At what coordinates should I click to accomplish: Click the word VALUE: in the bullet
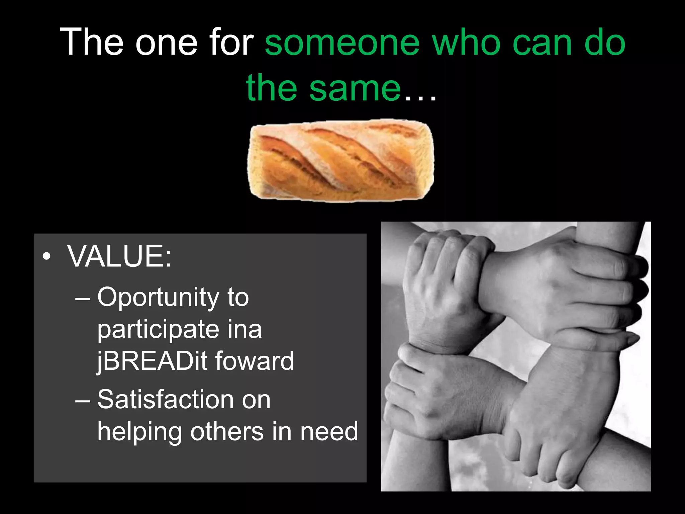(x=119, y=256)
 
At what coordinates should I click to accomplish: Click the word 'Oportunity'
(x=158, y=297)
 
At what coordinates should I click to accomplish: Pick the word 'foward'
(x=255, y=361)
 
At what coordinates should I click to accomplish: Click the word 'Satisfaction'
(x=166, y=400)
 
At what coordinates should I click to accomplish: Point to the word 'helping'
(x=139, y=432)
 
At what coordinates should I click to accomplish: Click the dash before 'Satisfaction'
(x=83, y=401)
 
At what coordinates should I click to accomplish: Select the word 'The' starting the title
(x=91, y=43)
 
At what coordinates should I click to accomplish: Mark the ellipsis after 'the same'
(x=420, y=97)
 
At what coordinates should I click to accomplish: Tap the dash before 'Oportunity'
(x=83, y=298)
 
